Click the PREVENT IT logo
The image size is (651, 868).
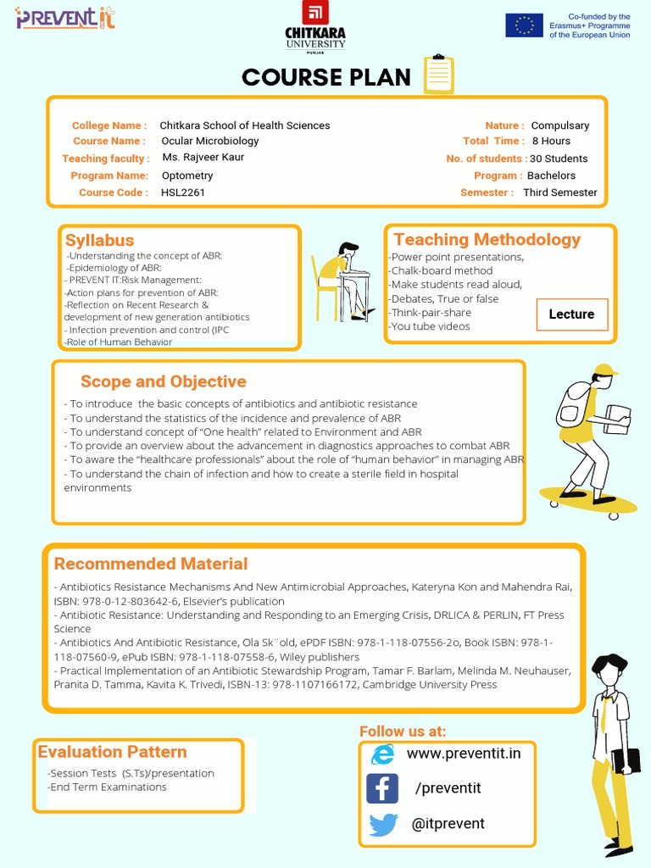(65, 17)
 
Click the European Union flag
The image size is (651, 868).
(524, 25)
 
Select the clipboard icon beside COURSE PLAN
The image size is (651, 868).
(438, 75)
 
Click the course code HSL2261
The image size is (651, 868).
(183, 192)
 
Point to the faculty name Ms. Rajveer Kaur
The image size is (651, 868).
(203, 158)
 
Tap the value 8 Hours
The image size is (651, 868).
(551, 141)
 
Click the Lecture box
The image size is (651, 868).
(571, 314)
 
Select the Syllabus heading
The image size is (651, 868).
(99, 240)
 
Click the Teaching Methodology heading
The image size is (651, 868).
(487, 239)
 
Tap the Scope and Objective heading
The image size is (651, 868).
(163, 381)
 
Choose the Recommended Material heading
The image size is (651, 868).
(151, 564)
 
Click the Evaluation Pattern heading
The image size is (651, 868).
(112, 751)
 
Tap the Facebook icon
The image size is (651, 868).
(382, 788)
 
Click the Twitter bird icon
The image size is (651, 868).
(383, 824)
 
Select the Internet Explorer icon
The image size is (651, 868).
(383, 754)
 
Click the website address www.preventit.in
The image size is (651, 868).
(464, 754)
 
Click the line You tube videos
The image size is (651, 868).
(430, 326)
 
